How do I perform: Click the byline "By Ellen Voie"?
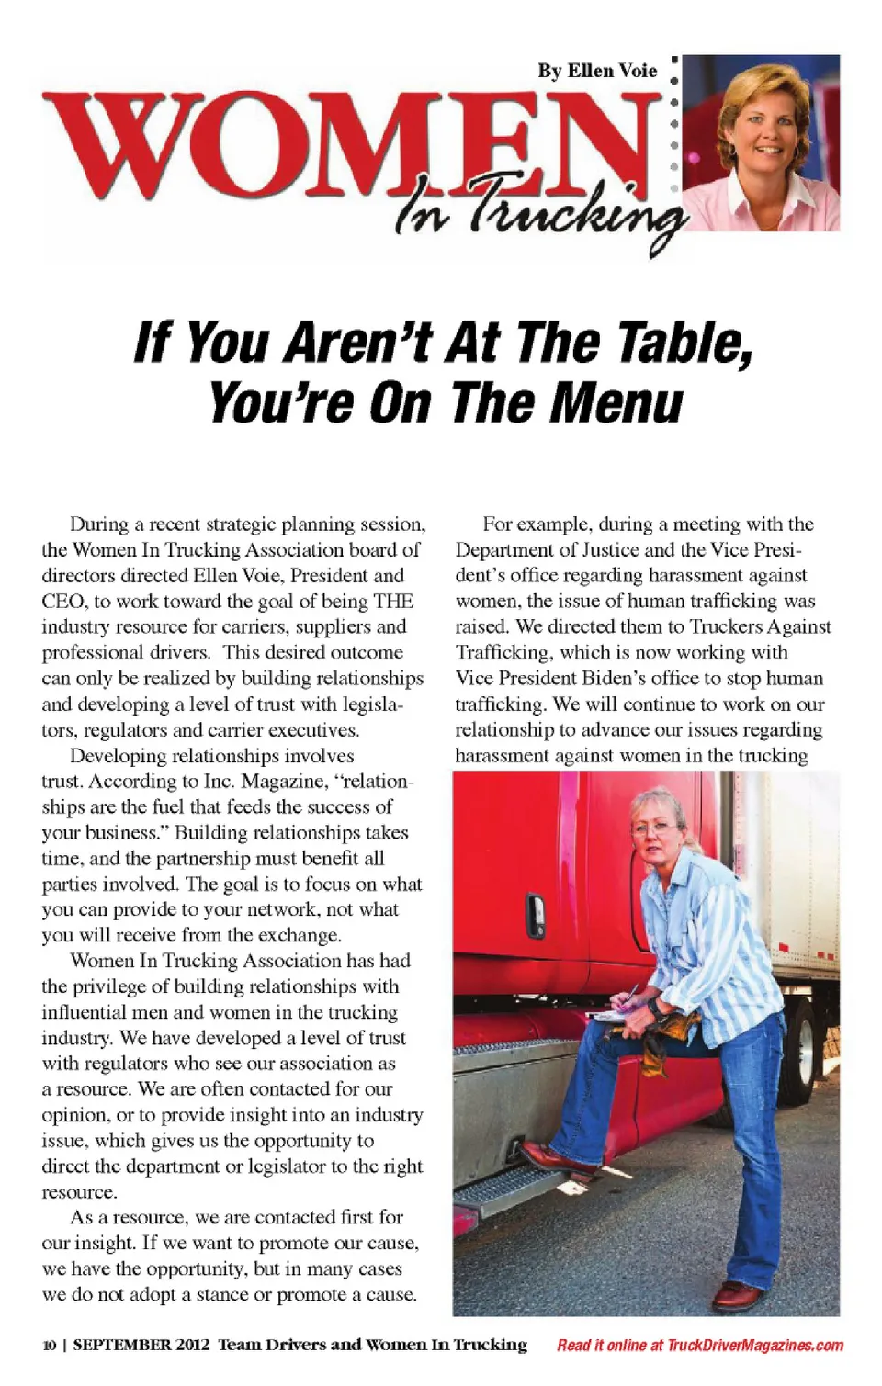pos(597,71)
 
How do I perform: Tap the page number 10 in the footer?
pos(49,1346)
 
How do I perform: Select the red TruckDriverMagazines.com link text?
pos(754,1346)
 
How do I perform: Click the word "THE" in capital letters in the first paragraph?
pos(393,602)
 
